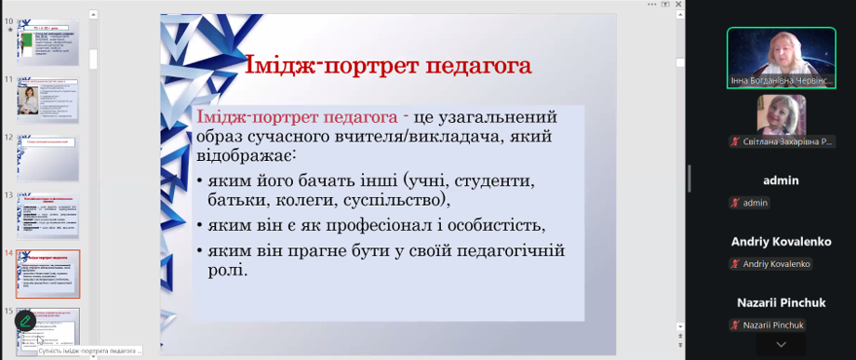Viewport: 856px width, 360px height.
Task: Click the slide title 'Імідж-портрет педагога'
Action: [387, 66]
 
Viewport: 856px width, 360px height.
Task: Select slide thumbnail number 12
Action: [47, 157]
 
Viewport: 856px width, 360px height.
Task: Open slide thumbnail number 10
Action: [47, 43]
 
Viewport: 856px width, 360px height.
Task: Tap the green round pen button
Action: [26, 322]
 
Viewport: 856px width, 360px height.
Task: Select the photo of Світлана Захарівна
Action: [781, 114]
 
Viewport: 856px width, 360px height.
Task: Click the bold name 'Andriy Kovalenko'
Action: [780, 242]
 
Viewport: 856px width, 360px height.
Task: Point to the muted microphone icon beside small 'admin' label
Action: [735, 203]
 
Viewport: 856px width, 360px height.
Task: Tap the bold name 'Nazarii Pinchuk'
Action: [780, 303]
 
